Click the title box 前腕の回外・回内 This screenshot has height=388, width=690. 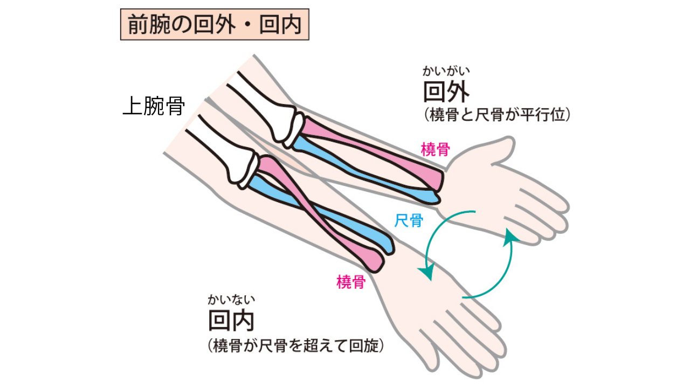pyautogui.click(x=215, y=24)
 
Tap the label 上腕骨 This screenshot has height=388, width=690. pyautogui.click(x=154, y=106)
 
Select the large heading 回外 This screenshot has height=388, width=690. pyautogui.click(x=446, y=92)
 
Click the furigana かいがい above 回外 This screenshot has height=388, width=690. pyautogui.click(x=446, y=71)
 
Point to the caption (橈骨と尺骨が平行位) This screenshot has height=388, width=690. pyautogui.click(x=497, y=115)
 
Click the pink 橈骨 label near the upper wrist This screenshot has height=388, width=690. pyautogui.click(x=435, y=150)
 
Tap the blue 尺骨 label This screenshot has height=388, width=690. pyautogui.click(x=409, y=220)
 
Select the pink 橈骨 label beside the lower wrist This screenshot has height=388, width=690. pyautogui.click(x=351, y=282)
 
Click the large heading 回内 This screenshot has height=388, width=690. pyautogui.click(x=231, y=320)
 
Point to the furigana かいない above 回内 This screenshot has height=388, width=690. pyautogui.click(x=231, y=300)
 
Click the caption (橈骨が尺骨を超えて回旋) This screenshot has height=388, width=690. pyautogui.click(x=296, y=346)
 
